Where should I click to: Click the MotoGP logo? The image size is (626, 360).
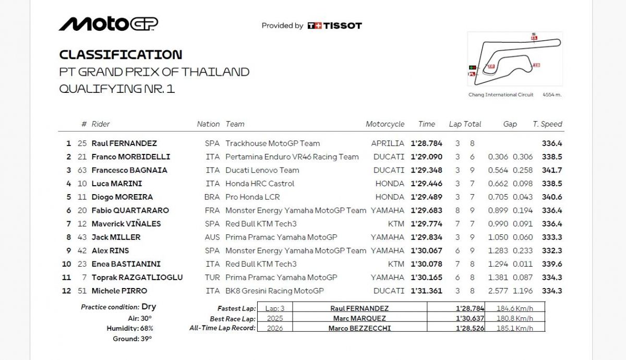[x=109, y=24]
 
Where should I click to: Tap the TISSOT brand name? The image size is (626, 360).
[x=342, y=26]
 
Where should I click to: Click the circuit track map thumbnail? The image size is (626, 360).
[x=514, y=58]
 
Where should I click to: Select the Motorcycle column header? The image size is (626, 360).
[x=385, y=124]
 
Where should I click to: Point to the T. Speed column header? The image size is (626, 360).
[x=547, y=124]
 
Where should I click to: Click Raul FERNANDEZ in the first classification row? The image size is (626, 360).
[x=124, y=143]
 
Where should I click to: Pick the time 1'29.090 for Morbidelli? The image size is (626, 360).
[x=426, y=157]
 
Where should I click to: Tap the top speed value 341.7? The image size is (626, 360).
[x=552, y=170]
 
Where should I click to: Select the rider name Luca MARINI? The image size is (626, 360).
[x=117, y=184]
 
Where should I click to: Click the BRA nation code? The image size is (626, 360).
[x=212, y=197]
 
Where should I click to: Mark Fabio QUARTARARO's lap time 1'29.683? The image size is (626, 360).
[x=426, y=211]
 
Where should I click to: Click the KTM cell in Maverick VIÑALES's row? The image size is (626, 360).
[x=396, y=224]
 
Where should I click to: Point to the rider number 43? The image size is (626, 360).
[x=82, y=237]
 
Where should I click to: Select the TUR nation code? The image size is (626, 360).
[x=212, y=278]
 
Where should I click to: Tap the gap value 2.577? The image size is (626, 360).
[x=498, y=291]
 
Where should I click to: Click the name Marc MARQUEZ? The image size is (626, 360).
[x=359, y=318]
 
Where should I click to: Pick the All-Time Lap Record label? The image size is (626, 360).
[x=222, y=328]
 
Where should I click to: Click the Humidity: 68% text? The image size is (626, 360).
[x=129, y=328]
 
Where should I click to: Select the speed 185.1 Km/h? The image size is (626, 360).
[x=515, y=328]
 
